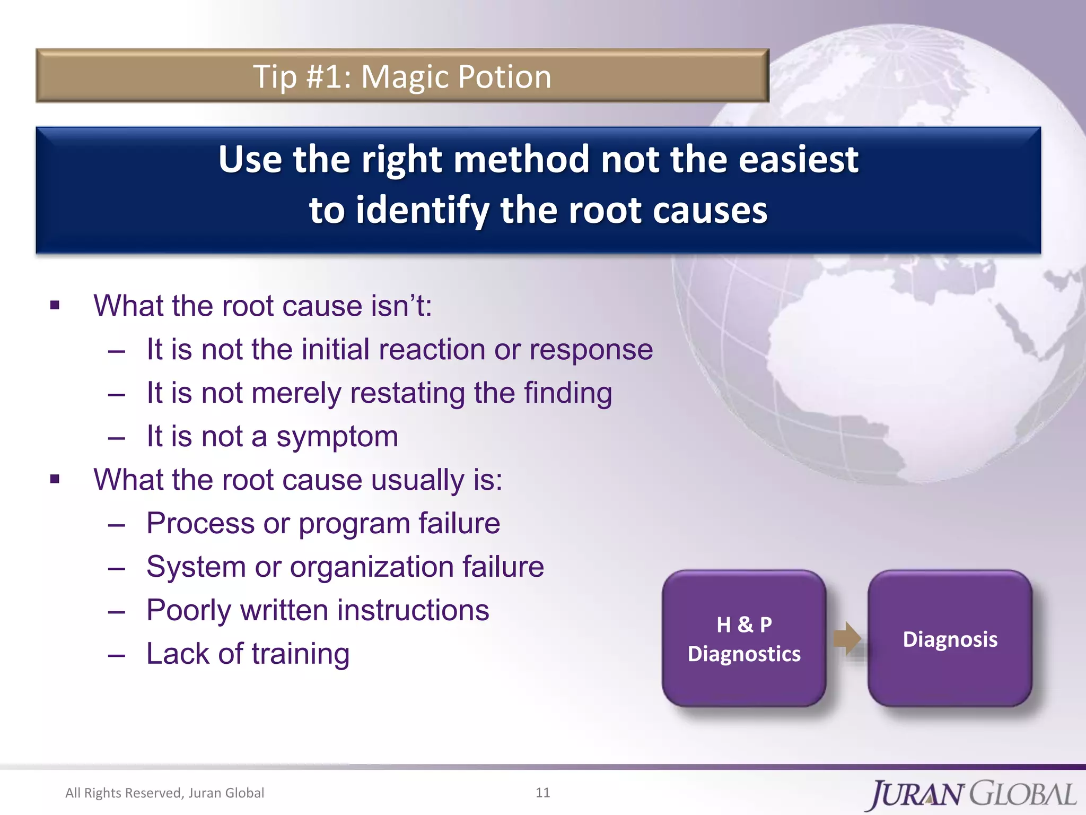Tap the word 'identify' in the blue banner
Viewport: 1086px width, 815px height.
pyautogui.click(x=423, y=210)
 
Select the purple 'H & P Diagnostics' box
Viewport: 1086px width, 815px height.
pyautogui.click(x=744, y=638)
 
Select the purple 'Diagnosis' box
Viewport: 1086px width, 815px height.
pyautogui.click(x=950, y=638)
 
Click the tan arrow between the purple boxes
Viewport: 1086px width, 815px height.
pyautogui.click(x=847, y=638)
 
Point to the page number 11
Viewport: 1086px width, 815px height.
pyautogui.click(x=542, y=793)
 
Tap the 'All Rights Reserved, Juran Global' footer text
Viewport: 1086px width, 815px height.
pyautogui.click(x=164, y=793)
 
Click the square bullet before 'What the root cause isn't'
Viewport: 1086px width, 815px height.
pyautogui.click(x=55, y=305)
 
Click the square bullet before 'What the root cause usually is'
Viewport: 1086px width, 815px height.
pyautogui.click(x=55, y=479)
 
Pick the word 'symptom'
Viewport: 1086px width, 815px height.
pyautogui.click(x=337, y=437)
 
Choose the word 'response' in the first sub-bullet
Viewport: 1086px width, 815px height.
pyautogui.click(x=591, y=350)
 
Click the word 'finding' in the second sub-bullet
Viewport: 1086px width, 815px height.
pyautogui.click(x=568, y=393)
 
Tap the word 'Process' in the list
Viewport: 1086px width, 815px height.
pyautogui.click(x=200, y=523)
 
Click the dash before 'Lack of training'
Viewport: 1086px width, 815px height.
pyautogui.click(x=116, y=655)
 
